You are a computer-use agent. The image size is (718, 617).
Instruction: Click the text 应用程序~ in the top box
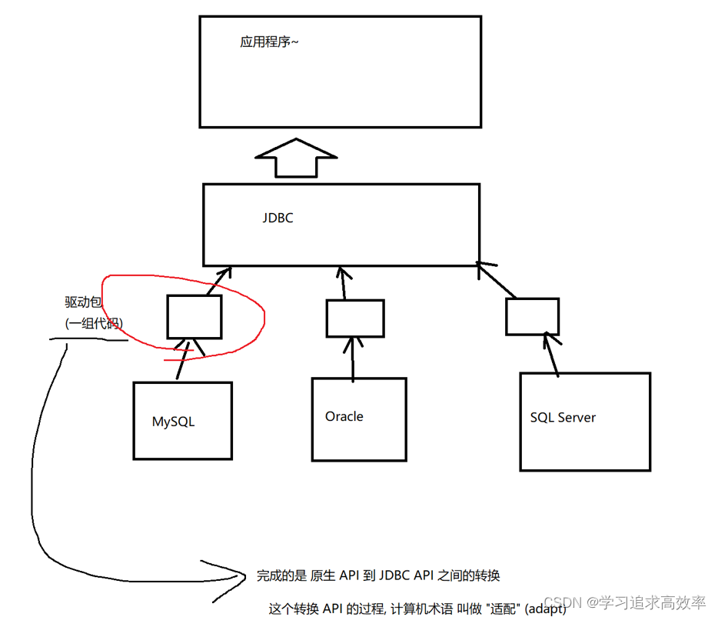pos(268,42)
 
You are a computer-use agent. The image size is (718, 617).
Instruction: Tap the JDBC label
pos(278,218)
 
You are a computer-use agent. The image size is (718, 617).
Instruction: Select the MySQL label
pos(173,422)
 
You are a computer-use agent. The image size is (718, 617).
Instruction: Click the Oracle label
pos(344,416)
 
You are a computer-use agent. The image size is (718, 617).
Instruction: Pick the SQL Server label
pos(563,418)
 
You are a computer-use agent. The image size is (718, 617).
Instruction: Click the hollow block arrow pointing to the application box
pos(296,158)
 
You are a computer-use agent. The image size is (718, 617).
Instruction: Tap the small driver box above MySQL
pos(194,316)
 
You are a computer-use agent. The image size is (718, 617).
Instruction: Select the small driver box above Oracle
pos(354,318)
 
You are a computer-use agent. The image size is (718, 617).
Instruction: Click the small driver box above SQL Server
pos(532,315)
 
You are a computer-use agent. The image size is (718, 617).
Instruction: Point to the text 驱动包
pos(83,302)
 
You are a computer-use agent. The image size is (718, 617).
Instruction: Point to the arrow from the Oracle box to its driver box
pos(353,358)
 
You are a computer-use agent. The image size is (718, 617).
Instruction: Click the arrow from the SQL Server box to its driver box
pos(552,354)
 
